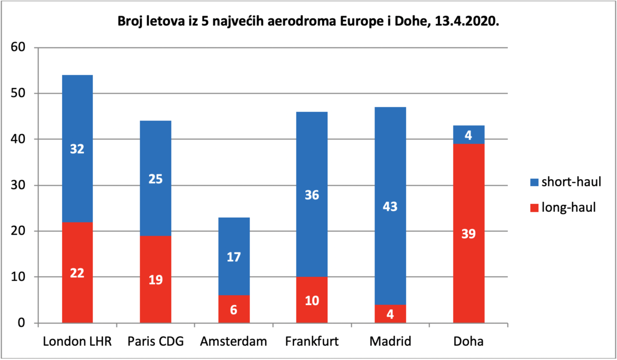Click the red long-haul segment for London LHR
click(77, 273)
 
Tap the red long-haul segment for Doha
click(469, 233)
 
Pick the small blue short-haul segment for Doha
click(469, 134)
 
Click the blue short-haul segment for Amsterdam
click(234, 256)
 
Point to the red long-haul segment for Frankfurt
click(312, 300)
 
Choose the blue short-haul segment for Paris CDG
click(156, 178)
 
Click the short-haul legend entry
click(565, 182)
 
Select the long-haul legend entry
click(563, 207)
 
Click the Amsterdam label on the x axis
click(233, 341)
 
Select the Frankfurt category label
click(312, 341)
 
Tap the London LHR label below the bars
click(77, 341)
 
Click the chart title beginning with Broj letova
click(308, 22)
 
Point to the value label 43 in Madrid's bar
click(390, 207)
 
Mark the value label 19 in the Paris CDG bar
click(156, 280)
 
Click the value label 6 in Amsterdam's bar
click(234, 309)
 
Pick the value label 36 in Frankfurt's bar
click(312, 194)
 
